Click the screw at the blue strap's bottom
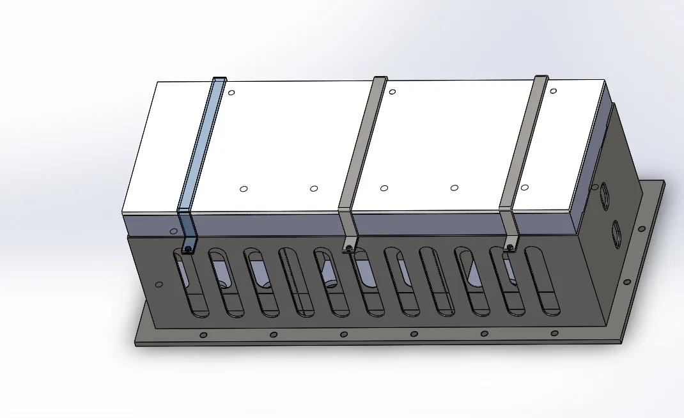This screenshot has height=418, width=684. (x=189, y=248)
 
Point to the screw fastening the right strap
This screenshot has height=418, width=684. (x=510, y=245)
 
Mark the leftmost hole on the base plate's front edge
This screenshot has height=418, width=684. (x=203, y=335)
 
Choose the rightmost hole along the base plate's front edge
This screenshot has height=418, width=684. (x=554, y=333)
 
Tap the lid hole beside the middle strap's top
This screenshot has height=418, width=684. (x=393, y=92)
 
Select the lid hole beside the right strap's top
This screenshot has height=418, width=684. (x=553, y=91)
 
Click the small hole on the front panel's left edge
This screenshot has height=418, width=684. (x=159, y=284)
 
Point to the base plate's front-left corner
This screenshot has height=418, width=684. (x=136, y=343)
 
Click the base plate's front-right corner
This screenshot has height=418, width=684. (x=621, y=341)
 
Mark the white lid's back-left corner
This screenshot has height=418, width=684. (x=158, y=82)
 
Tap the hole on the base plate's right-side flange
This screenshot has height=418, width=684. (x=627, y=282)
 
